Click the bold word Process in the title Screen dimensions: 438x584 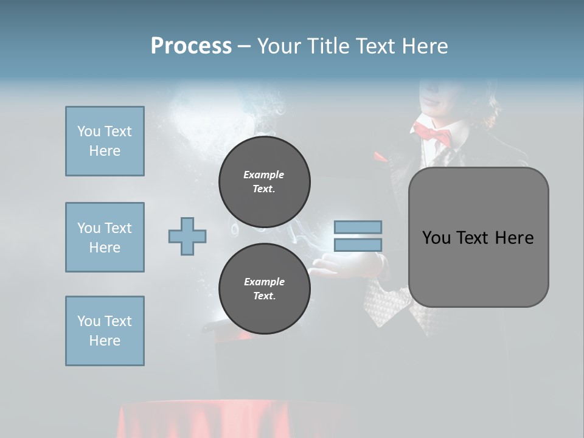tap(191, 46)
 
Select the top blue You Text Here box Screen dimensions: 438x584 tap(105, 141)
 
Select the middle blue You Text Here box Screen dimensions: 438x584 tap(105, 237)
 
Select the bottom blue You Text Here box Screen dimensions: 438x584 tap(105, 331)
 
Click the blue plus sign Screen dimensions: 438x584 tap(187, 236)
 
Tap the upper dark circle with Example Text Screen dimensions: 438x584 tap(264, 182)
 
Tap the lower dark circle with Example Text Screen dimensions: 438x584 tap(264, 289)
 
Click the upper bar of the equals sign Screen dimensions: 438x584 tap(358, 227)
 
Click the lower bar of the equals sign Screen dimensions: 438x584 tap(358, 245)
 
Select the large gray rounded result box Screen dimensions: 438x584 tap(478, 268)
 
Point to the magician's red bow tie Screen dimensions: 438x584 tap(433, 132)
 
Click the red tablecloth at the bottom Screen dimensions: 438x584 tap(237, 420)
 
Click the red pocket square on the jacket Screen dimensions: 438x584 tap(380, 157)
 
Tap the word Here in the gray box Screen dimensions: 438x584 tap(514, 238)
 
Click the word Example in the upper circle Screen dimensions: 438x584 tap(264, 175)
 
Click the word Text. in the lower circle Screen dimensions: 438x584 tap(264, 296)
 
